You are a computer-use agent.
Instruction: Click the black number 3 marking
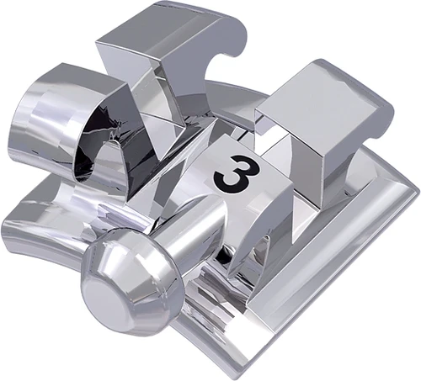point(229,172)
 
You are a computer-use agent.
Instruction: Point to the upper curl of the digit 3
point(229,160)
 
